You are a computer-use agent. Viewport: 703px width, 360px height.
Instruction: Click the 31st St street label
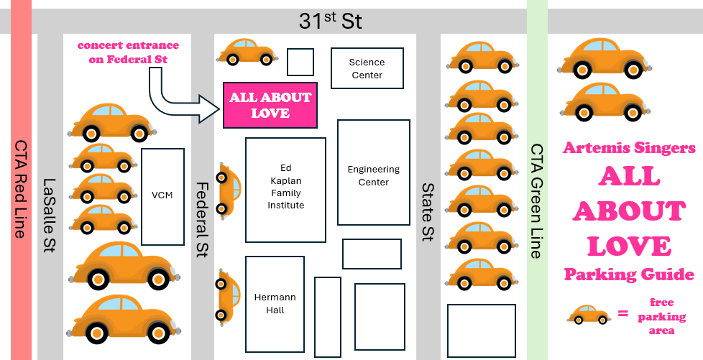pyautogui.click(x=330, y=22)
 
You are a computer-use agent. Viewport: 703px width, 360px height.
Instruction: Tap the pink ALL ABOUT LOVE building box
pyautogui.click(x=270, y=105)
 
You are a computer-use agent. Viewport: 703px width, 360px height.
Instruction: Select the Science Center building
pyautogui.click(x=366, y=68)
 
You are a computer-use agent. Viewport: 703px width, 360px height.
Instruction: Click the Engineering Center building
pyautogui.click(x=373, y=175)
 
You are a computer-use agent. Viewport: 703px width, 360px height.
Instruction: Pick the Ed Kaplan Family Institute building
pyautogui.click(x=286, y=190)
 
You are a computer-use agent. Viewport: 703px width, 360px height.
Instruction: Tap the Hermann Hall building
pyautogui.click(x=275, y=303)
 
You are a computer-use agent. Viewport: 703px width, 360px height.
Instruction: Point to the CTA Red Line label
pyautogui.click(x=21, y=180)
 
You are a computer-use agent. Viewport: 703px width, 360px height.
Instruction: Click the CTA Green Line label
pyautogui.click(x=537, y=200)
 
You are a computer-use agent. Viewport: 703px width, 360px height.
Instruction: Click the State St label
pyautogui.click(x=428, y=212)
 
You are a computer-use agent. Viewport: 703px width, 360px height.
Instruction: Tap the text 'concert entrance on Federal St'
pyautogui.click(x=128, y=52)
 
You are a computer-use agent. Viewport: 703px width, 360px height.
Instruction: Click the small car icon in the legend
pyautogui.click(x=589, y=314)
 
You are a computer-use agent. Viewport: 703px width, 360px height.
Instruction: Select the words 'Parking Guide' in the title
pyautogui.click(x=629, y=274)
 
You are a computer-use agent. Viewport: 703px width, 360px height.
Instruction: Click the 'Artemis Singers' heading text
pyautogui.click(x=629, y=148)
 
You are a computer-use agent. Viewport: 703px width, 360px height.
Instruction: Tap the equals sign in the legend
pyautogui.click(x=622, y=314)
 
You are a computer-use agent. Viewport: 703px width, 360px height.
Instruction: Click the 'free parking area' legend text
pyautogui.click(x=661, y=316)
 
